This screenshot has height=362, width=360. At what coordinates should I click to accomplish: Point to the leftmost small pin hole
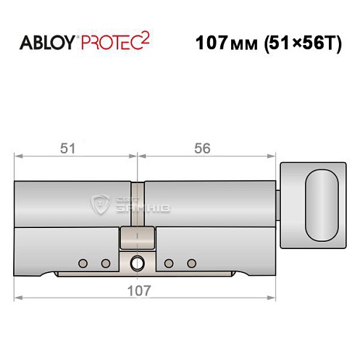click(83, 262)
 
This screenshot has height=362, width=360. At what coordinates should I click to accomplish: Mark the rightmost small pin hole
click(191, 262)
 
